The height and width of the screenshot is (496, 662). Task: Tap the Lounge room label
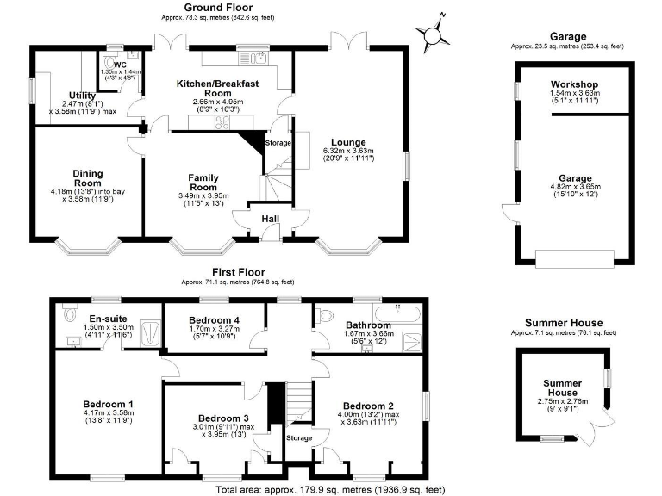coord(347,142)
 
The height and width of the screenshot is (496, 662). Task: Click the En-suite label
coord(109,318)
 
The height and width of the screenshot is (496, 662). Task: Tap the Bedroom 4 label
coord(214,319)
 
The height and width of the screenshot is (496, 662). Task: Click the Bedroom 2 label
coord(368,406)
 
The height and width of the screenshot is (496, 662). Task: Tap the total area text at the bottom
coord(331,489)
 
